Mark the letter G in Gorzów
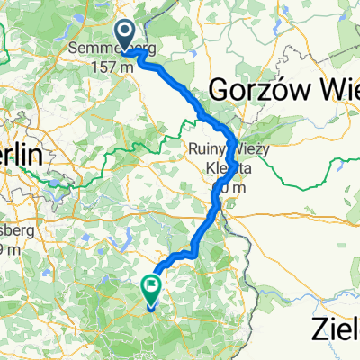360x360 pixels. [220, 89]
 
